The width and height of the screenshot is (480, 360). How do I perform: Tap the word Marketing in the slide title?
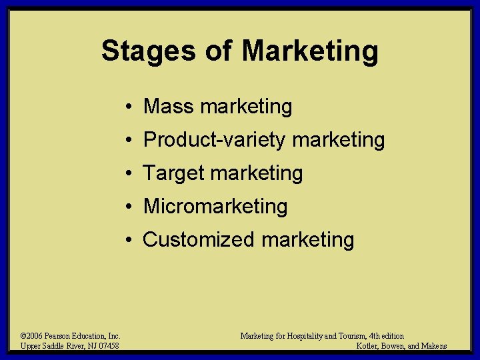pyautogui.click(x=310, y=51)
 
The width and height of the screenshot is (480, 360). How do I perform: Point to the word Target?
pyautogui.click(x=173, y=173)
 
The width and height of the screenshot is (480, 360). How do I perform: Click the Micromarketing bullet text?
pyautogui.click(x=215, y=207)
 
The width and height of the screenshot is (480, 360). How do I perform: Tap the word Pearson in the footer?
pyautogui.click(x=60, y=337)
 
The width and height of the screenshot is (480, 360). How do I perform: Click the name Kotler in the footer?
pyautogui.click(x=370, y=346)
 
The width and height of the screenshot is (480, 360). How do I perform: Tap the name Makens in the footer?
pyautogui.click(x=433, y=346)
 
